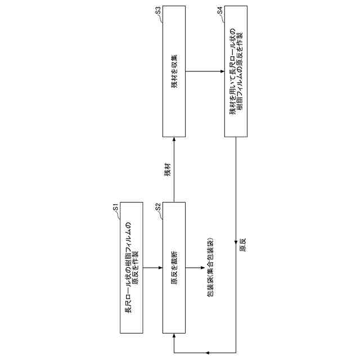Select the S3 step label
(159, 12)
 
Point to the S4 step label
(220, 12)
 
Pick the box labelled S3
(174, 72)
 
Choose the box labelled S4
(236, 72)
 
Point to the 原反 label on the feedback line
(242, 246)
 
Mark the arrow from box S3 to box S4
(205, 72)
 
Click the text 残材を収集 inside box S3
(174, 72)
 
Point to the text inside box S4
(236, 72)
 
